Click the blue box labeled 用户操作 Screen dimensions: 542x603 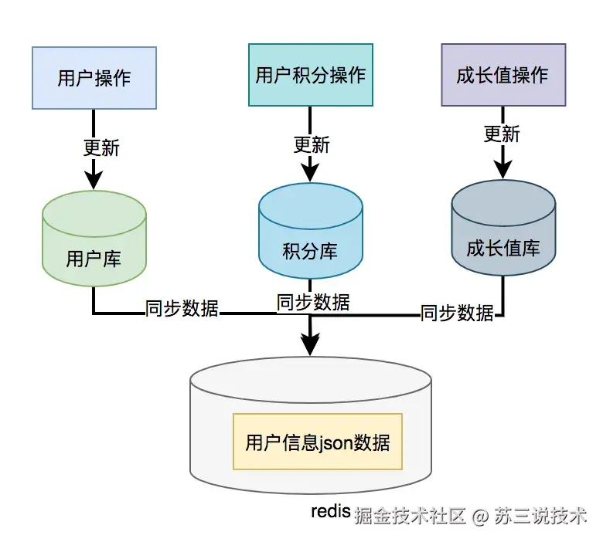point(94,78)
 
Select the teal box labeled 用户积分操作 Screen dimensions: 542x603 point(309,75)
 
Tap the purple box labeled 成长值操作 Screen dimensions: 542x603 point(502,75)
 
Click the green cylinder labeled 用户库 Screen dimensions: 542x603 point(94,239)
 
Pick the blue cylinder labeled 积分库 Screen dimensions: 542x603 point(309,235)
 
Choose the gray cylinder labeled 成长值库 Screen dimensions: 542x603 point(502,232)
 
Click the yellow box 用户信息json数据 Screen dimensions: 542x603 point(317,442)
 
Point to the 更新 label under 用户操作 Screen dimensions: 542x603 point(101,146)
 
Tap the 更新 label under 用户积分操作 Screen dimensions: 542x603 point(311,144)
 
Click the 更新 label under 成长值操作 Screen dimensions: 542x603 point(502,134)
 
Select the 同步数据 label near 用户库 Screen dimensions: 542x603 point(182,309)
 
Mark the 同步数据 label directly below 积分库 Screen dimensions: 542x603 point(312,301)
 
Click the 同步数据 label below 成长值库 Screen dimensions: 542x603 point(457,313)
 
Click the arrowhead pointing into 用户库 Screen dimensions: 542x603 point(94,179)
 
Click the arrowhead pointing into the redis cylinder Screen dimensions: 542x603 point(309,344)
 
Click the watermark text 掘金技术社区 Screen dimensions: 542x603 point(410,516)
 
